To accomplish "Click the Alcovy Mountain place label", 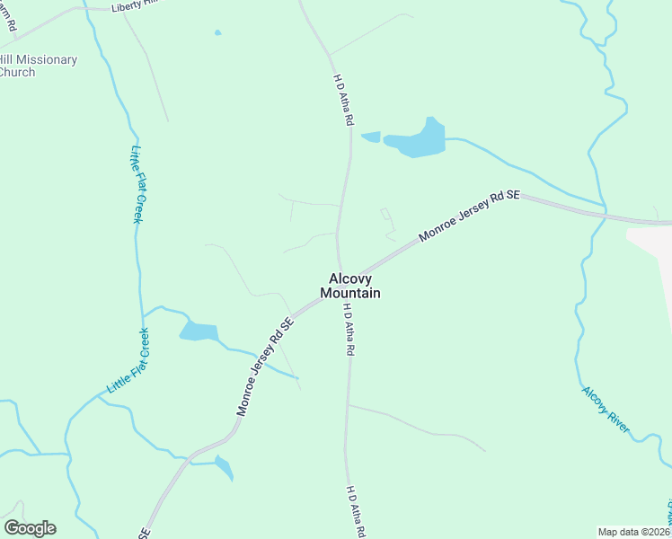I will (x=349, y=286).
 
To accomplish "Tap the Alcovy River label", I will (x=606, y=410).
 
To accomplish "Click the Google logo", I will (x=30, y=528).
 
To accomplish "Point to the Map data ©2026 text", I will (x=633, y=532).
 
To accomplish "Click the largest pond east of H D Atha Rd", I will (x=419, y=139).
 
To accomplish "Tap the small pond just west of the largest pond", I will (x=370, y=137).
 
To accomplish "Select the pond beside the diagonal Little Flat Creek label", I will (x=199, y=331).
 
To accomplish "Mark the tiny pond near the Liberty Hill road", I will (x=217, y=33).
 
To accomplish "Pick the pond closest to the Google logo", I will (x=224, y=467).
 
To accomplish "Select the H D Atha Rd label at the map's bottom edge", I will (x=356, y=512).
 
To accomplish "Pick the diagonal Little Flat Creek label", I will (x=128, y=361).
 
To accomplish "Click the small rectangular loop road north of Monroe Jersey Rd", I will (x=386, y=215).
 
